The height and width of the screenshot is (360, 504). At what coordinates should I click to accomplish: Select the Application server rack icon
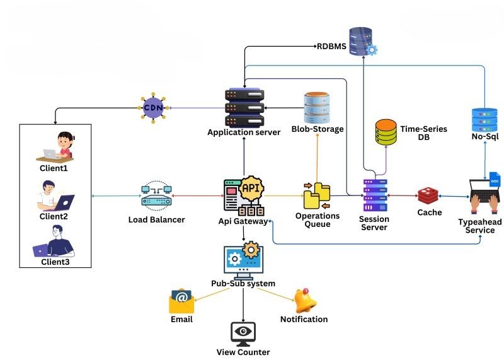(x=244, y=107)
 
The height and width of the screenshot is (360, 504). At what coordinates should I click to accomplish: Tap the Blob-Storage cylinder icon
(x=317, y=108)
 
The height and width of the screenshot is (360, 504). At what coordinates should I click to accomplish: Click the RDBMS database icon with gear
(x=363, y=41)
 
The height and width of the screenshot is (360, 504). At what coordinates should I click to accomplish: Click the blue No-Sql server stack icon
(x=484, y=120)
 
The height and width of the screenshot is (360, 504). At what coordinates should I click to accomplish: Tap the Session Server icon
(x=375, y=195)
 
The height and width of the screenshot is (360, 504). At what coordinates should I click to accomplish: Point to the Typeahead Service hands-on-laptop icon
(x=485, y=197)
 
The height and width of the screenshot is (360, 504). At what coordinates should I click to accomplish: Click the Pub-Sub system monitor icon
(x=243, y=260)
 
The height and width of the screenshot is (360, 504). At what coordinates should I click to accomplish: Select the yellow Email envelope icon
(x=181, y=301)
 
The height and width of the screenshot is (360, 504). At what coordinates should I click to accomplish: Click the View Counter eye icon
(x=243, y=332)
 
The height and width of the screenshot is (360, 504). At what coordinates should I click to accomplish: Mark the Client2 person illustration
(x=55, y=195)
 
